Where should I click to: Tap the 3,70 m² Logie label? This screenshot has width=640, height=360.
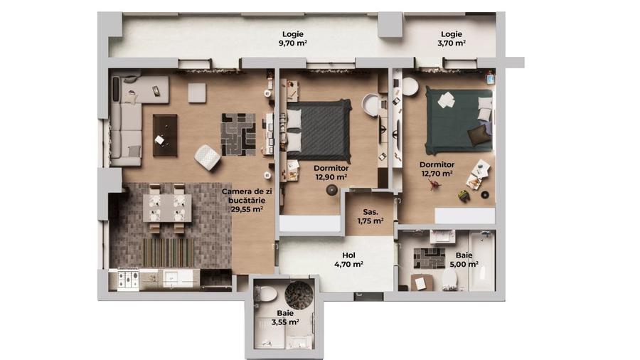click(x=452, y=38)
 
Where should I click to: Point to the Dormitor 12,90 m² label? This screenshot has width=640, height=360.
click(x=331, y=173)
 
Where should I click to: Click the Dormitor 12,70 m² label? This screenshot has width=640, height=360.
click(x=437, y=169)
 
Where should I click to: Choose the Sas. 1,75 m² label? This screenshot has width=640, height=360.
click(x=370, y=216)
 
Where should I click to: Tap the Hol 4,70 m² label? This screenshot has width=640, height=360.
click(x=348, y=260)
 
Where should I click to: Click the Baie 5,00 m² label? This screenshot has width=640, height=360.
click(x=462, y=259)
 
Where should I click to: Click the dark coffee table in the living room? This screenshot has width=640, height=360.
click(x=165, y=134)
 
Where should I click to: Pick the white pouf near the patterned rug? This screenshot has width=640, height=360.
click(x=208, y=157)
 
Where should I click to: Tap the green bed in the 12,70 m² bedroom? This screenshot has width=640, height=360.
click(x=458, y=117)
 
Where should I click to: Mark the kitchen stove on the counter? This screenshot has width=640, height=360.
click(x=129, y=278)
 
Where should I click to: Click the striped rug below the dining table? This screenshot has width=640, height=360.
click(x=168, y=251)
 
